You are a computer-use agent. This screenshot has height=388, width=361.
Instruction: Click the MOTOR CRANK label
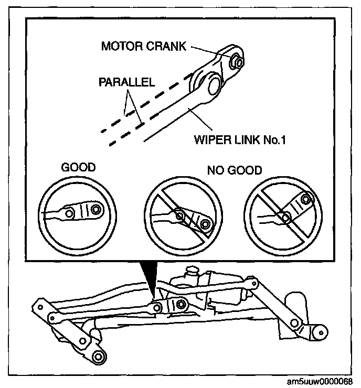tap(143, 46)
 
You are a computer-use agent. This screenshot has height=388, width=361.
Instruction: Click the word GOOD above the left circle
tap(79, 168)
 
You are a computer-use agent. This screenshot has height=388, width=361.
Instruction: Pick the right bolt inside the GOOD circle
tap(95, 210)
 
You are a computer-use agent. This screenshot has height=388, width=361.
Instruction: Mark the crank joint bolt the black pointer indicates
tap(180, 304)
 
